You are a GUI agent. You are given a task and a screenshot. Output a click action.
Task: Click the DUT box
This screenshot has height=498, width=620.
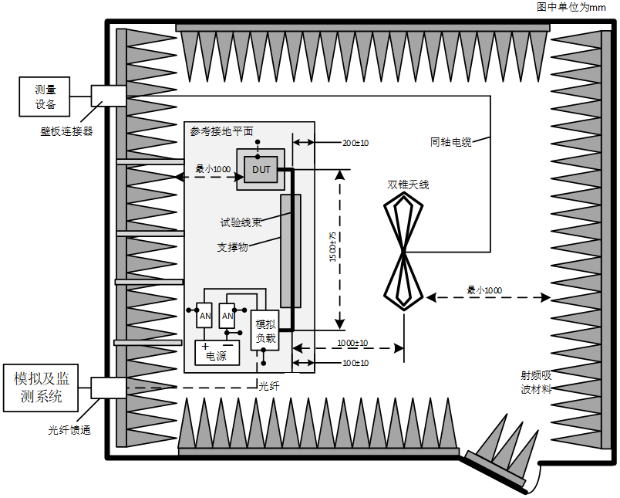(261, 169)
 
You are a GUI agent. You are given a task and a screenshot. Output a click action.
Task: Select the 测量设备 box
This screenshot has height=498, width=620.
(45, 97)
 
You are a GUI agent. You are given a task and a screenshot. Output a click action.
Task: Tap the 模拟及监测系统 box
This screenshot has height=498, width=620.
(41, 388)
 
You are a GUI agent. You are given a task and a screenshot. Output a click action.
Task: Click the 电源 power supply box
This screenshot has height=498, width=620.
(217, 353)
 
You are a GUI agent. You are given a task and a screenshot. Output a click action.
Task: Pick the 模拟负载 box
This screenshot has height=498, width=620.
(265, 330)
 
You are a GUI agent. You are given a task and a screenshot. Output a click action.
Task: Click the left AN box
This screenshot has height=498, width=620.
(204, 316)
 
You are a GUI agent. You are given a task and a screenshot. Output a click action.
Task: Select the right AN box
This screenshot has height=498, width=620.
(227, 316)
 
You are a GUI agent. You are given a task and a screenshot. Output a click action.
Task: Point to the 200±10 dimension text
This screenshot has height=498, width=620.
(355, 143)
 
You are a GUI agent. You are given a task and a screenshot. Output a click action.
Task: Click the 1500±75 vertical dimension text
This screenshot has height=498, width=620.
(333, 247)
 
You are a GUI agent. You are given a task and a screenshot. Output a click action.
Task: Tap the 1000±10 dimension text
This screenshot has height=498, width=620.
(352, 343)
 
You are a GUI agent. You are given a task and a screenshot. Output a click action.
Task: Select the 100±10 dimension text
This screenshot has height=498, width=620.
(355, 363)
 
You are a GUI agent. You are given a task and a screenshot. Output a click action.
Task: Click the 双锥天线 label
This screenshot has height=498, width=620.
(408, 185)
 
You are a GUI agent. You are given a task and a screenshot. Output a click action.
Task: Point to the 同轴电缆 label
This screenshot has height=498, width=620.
(451, 142)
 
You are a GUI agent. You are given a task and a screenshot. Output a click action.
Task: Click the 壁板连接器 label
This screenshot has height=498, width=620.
(67, 131)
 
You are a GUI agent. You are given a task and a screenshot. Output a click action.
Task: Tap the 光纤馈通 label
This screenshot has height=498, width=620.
(69, 430)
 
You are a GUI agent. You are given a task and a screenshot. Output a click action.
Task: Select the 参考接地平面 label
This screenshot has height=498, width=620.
(221, 131)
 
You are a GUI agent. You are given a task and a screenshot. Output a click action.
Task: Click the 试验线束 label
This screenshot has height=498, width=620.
(241, 222)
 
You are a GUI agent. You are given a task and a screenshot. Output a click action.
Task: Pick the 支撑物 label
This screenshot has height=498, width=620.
(233, 247)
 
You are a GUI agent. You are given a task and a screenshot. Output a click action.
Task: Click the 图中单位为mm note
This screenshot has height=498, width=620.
(571, 7)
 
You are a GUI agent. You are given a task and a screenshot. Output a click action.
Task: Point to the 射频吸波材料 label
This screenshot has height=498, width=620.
(536, 382)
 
